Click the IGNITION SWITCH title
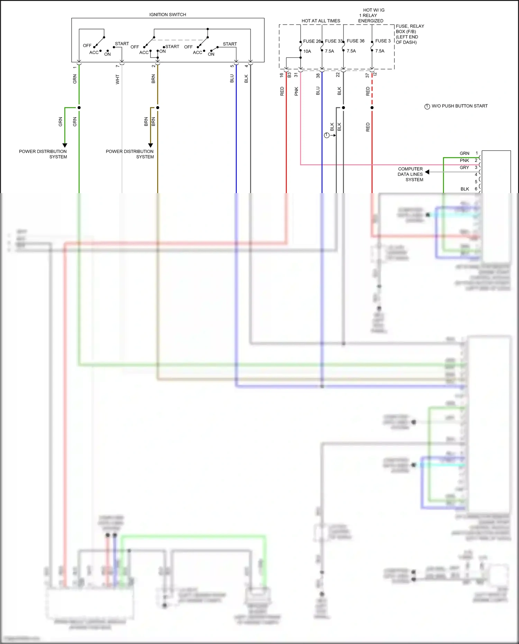coord(167,15)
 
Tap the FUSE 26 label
coord(311,41)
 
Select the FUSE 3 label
coord(383,41)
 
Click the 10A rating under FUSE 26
coord(307,51)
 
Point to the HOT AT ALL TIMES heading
coord(321,21)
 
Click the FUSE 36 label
coord(355,41)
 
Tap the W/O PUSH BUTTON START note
coord(459,106)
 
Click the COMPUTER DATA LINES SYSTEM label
coord(410,174)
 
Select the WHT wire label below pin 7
coord(118,79)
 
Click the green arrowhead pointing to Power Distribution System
coord(65,145)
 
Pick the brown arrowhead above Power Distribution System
coord(151,145)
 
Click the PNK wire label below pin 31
coord(296,91)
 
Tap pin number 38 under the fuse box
coord(318,75)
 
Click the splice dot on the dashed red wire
coord(372,108)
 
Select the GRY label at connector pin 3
coord(464,167)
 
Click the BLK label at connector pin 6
coord(465,189)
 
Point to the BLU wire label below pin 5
coord(232,79)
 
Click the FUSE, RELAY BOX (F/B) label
coord(410,34)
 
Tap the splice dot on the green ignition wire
coord(79,108)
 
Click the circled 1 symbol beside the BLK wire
coord(327,135)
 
